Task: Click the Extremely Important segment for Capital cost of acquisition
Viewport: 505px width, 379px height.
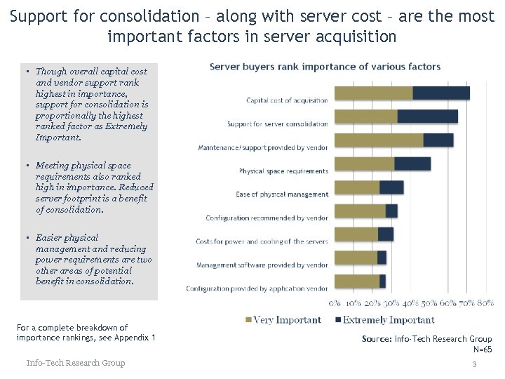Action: [441, 93]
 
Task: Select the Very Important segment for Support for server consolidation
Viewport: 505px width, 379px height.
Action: [366, 117]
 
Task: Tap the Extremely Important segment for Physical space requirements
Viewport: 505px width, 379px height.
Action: [412, 164]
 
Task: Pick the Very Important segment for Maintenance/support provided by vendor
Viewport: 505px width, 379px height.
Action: [379, 140]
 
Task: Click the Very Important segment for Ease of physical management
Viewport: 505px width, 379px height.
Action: [357, 187]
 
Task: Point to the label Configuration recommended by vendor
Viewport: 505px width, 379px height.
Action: [267, 218]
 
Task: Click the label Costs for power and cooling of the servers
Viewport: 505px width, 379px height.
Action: [262, 241]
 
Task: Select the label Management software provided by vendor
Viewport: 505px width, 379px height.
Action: [262, 265]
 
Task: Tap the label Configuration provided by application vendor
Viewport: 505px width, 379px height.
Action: [257, 288]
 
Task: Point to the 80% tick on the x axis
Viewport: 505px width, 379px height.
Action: [485, 303]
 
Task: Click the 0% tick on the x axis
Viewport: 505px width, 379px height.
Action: [335, 303]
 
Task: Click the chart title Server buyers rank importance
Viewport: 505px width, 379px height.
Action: [325, 67]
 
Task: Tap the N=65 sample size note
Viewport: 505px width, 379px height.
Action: [483, 349]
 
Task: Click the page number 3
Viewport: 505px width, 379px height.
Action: [474, 364]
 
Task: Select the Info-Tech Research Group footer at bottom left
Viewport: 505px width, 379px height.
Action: [76, 363]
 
